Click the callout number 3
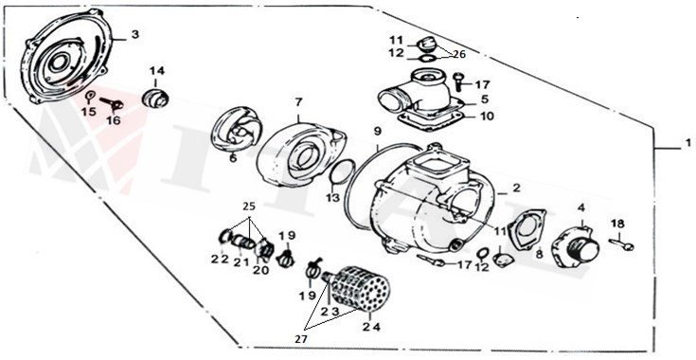coord(134,35)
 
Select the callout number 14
coord(156,71)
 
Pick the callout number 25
coord(250,206)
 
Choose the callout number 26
coord(459,53)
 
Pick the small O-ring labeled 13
coord(344,173)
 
